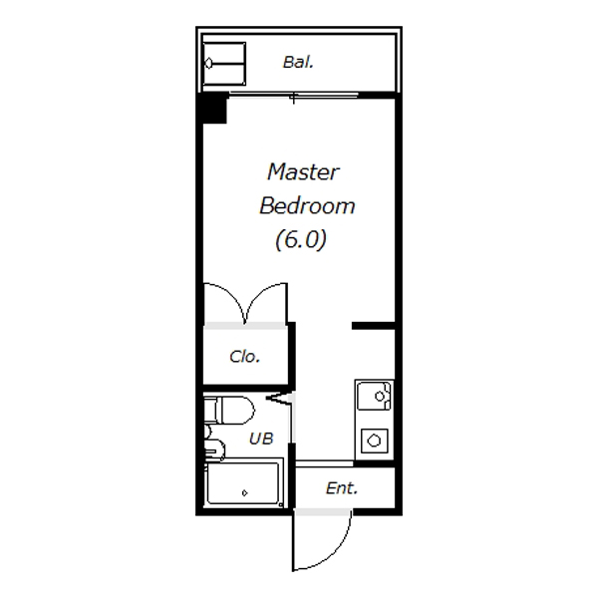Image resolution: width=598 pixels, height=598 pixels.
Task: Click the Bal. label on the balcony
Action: (298, 62)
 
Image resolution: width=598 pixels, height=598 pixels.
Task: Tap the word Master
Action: (303, 172)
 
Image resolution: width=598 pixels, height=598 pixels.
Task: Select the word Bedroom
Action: (307, 206)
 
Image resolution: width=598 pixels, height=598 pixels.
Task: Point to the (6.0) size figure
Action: (301, 239)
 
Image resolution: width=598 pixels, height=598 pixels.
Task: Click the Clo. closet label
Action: (245, 357)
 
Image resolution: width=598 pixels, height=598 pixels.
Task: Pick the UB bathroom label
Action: (261, 439)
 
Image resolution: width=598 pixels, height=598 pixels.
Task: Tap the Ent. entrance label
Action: (342, 488)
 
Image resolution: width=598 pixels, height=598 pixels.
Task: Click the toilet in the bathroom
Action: (229, 411)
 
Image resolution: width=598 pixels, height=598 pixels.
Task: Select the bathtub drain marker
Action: (244, 493)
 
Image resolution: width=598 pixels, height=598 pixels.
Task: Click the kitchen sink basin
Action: (374, 397)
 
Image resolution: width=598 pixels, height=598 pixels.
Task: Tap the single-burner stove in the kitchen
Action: (374, 441)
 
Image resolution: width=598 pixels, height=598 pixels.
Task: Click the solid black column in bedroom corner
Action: (214, 110)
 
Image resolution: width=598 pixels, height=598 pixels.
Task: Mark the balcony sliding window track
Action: (293, 95)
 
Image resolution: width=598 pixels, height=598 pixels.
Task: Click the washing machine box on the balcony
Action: (224, 64)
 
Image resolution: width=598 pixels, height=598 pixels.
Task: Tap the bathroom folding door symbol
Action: (281, 398)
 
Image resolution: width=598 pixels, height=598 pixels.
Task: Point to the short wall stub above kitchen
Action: (374, 326)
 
